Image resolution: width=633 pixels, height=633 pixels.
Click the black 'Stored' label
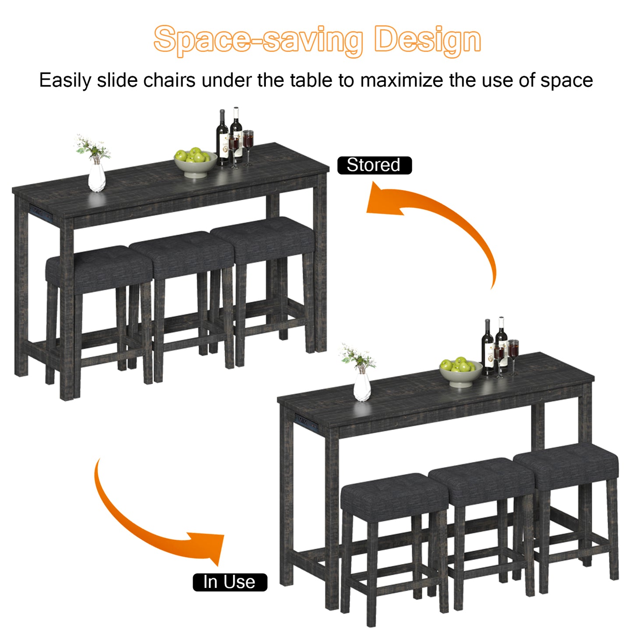point(375,165)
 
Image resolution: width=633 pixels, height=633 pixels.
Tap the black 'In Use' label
point(230,582)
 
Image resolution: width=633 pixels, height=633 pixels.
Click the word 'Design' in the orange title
point(428,41)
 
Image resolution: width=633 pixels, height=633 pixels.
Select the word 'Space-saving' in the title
point(258,41)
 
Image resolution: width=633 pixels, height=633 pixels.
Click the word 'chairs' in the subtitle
point(170,80)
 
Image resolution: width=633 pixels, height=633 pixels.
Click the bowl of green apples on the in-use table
point(460,372)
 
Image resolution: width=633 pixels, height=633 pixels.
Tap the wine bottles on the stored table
point(229,136)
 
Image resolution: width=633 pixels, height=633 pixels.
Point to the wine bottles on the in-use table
point(495,346)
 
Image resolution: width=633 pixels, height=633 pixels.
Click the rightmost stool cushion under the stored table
point(263,241)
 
